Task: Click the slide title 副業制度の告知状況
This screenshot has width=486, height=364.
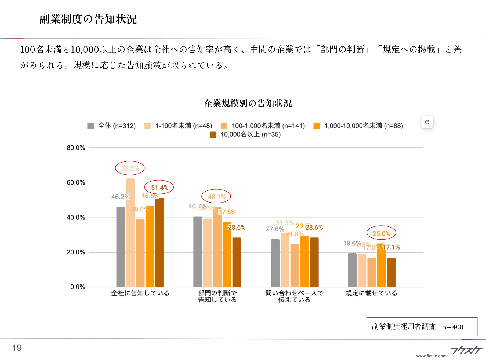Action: [x=88, y=19]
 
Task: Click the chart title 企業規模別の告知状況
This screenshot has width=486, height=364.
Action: [x=248, y=103]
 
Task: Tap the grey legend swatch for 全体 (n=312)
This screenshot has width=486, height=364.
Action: [x=90, y=126]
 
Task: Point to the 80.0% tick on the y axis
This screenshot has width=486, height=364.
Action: [x=76, y=148]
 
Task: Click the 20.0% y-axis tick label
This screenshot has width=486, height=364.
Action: [x=76, y=252]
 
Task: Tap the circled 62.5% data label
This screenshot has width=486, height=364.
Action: [x=130, y=168]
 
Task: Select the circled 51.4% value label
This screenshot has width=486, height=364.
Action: [x=159, y=188]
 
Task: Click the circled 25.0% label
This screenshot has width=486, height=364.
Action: [x=381, y=233]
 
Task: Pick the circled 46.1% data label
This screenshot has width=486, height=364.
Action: [x=216, y=197]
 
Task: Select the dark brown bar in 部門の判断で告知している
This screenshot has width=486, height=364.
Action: [x=237, y=262]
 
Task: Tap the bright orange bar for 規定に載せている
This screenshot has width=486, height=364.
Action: [x=381, y=265]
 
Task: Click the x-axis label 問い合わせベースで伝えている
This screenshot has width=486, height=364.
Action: [x=294, y=296]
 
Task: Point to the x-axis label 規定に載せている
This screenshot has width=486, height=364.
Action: [x=371, y=293]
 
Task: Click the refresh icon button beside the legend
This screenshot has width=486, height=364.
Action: [x=427, y=122]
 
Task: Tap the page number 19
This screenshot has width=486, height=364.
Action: [x=17, y=348]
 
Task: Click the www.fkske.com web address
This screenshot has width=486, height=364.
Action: [x=431, y=356]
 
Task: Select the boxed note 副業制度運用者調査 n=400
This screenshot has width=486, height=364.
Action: [x=422, y=327]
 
